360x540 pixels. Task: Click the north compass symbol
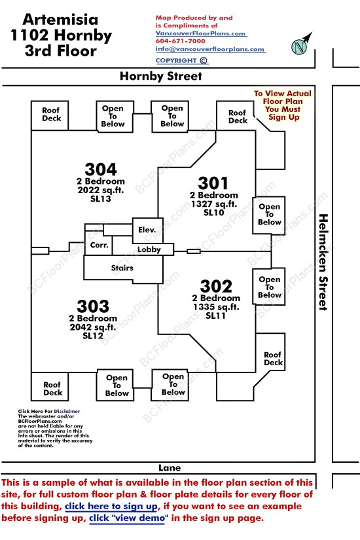pyautogui.click(x=301, y=45)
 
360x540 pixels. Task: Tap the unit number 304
pyautogui.click(x=101, y=170)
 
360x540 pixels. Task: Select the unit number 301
pyautogui.click(x=213, y=183)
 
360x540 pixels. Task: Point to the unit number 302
pyautogui.click(x=216, y=286)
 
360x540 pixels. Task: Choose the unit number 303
pyautogui.click(x=93, y=306)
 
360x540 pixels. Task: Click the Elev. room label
pyautogui.click(x=147, y=230)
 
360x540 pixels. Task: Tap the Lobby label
pyautogui.click(x=149, y=249)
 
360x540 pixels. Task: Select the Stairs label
pyautogui.click(x=122, y=268)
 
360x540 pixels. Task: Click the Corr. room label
pyautogui.click(x=99, y=245)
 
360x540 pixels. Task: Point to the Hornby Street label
pyautogui.click(x=161, y=76)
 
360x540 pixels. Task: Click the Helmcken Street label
pyautogui.click(x=323, y=262)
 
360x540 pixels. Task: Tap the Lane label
pyautogui.click(x=170, y=468)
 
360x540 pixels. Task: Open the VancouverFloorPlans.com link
pyautogui.click(x=200, y=33)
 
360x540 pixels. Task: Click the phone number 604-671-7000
pyautogui.click(x=180, y=41)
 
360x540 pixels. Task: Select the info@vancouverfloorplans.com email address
pyautogui.click(x=210, y=49)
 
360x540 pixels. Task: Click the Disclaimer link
pyautogui.click(x=67, y=411)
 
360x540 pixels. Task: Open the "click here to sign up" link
pyautogui.click(x=111, y=506)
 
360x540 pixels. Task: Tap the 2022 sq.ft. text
pyautogui.click(x=101, y=190)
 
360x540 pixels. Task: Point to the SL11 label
pyautogui.click(x=215, y=315)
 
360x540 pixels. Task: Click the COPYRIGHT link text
pyautogui.click(x=176, y=61)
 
